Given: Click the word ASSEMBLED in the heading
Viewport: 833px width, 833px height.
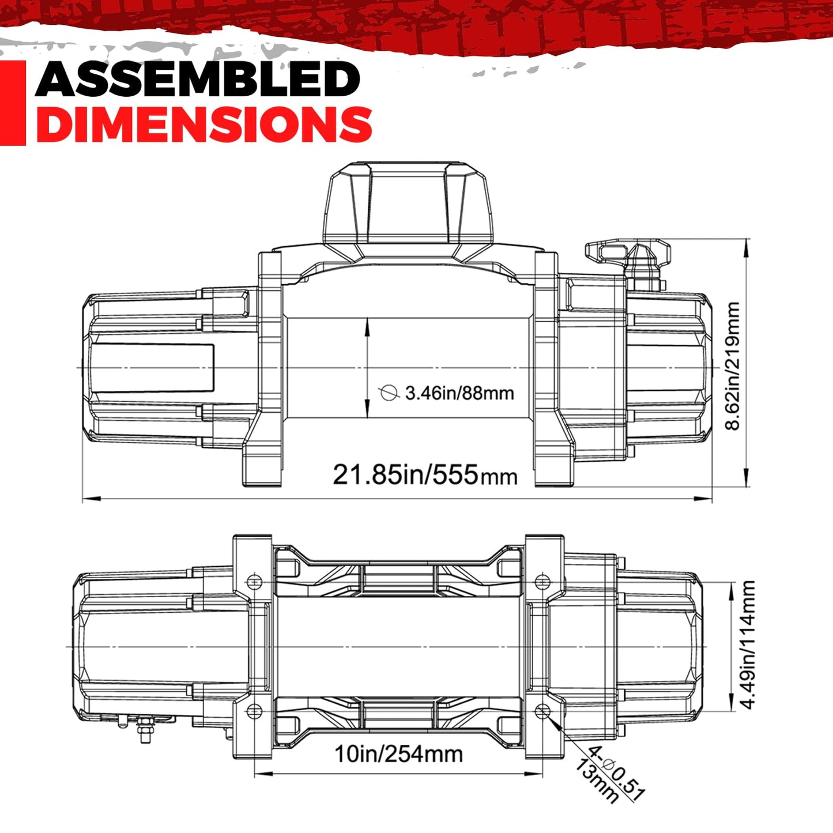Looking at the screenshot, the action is point(198,79).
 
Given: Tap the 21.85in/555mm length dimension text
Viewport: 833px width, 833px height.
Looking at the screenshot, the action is point(425,474).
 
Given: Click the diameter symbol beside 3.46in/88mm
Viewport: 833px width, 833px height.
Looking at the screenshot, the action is point(389,393).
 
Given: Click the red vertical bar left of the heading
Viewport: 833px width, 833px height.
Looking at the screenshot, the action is point(13,103).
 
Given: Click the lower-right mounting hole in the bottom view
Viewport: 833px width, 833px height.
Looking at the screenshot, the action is point(542,711).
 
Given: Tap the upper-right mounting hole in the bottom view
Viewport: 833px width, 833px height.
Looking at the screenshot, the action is point(542,582).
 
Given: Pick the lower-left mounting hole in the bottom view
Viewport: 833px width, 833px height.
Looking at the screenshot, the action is point(255,711).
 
